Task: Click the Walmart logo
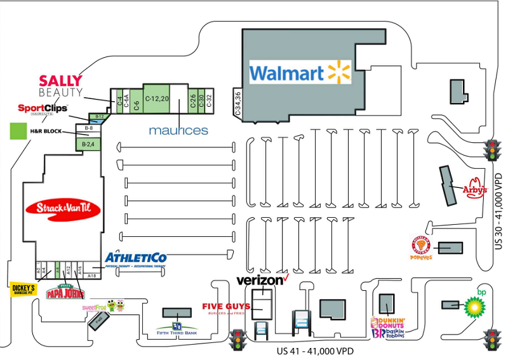pyautogui.click(x=300, y=72)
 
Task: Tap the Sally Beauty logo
pyautogui.click(x=61, y=86)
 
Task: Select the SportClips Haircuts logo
pyautogui.click(x=43, y=109)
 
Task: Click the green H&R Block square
pyautogui.click(x=18, y=131)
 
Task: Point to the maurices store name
pyautogui.click(x=178, y=130)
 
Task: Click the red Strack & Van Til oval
pyautogui.click(x=63, y=209)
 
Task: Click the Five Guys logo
pyautogui.click(x=227, y=308)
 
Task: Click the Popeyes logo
pyautogui.click(x=422, y=248)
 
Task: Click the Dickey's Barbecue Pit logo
pyautogui.click(x=23, y=290)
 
